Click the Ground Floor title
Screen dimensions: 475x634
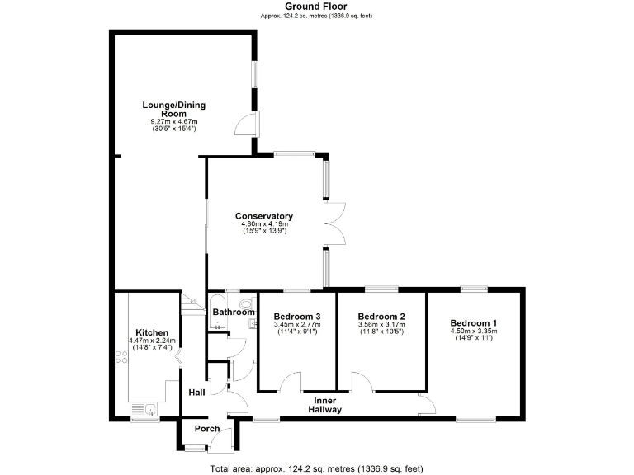coord(316,6)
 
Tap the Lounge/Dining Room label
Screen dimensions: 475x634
coord(173,110)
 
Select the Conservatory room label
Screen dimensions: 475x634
coord(264,217)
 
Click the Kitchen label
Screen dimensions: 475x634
coord(152,332)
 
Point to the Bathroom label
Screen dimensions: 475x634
coord(234,313)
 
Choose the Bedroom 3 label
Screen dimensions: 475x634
coord(297,317)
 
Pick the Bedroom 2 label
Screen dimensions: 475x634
coord(381,317)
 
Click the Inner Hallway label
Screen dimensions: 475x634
coord(324,404)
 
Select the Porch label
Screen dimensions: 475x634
coord(207,429)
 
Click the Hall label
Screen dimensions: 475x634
coord(196,393)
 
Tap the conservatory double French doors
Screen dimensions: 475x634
coord(335,223)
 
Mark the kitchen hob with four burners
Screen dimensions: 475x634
coord(121,358)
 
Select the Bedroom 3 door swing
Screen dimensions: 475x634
coord(290,383)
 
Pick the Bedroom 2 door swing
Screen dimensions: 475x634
coord(362,383)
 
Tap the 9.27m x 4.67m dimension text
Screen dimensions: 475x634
coord(173,122)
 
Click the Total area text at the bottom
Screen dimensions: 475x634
coord(316,468)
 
